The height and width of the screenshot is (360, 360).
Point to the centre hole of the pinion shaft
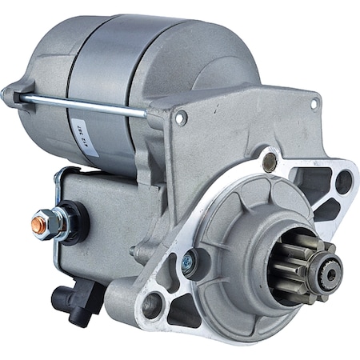(x=331, y=267)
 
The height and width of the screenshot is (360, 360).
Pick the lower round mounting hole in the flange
(x=153, y=305)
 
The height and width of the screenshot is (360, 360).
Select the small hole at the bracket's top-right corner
(x=314, y=102)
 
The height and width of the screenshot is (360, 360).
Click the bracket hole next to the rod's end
(x=181, y=118)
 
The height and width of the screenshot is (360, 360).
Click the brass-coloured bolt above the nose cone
(x=270, y=163)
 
